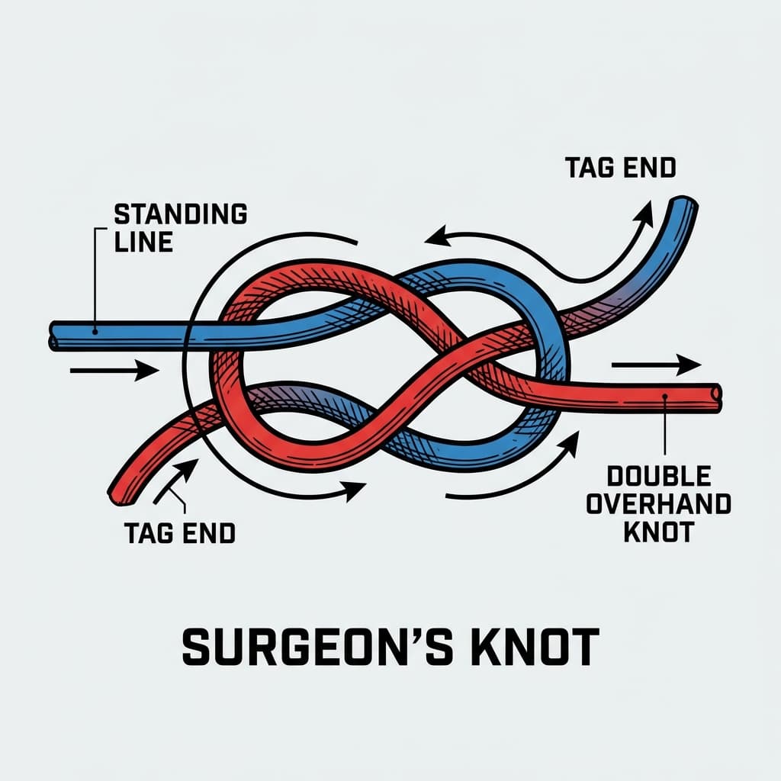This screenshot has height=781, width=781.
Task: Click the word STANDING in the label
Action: point(180,214)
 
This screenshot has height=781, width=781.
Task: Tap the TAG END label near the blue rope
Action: point(620,167)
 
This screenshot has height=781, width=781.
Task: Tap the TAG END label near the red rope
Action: point(178,533)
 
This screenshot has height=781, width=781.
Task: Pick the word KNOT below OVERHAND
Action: point(658,531)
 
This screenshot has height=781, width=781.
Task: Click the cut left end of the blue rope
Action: point(54,336)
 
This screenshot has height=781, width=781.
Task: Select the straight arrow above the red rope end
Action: point(655,365)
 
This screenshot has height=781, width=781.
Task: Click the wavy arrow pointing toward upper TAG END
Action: point(603,252)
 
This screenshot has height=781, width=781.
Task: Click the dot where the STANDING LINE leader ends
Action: point(94,332)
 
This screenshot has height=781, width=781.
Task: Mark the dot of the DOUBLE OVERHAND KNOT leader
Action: point(665,396)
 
